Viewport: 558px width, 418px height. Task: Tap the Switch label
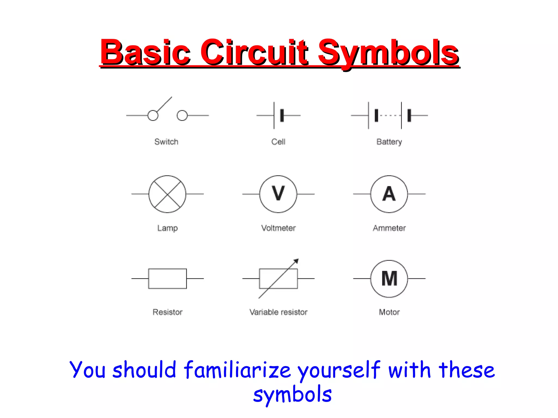coord(166,142)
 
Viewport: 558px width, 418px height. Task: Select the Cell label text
coord(278,142)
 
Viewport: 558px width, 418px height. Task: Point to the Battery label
coord(389,142)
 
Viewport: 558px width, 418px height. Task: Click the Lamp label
coord(167,228)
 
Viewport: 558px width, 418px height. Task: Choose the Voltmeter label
coord(278,228)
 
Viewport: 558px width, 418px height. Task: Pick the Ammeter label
coord(389,228)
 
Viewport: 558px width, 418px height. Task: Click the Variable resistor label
coord(278,312)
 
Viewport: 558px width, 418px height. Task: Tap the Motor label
coord(389,312)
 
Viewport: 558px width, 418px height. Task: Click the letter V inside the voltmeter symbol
coord(278,193)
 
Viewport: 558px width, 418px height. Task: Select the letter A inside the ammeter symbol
coord(389,194)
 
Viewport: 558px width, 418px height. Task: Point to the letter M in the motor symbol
coord(389,278)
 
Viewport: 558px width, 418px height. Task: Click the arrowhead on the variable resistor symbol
coord(296,261)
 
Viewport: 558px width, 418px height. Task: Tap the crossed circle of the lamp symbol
coord(167,194)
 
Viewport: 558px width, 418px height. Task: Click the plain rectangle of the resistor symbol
coord(167,278)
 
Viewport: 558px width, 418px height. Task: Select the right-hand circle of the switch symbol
coord(182,115)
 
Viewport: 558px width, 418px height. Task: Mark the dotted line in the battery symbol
coord(389,115)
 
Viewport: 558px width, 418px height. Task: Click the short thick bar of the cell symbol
coord(282,115)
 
